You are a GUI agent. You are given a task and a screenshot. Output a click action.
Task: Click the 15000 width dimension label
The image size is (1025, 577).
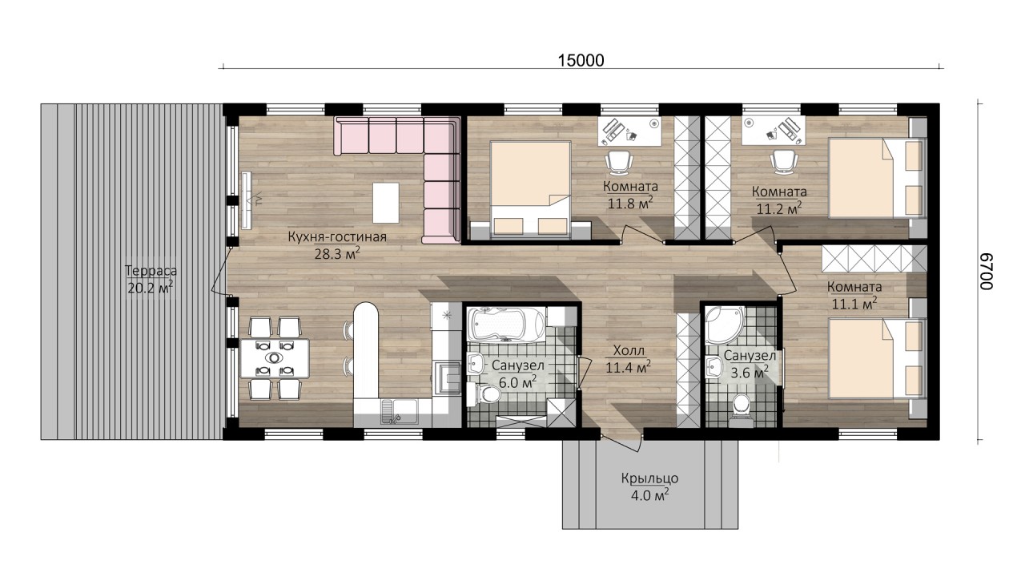point(581,60)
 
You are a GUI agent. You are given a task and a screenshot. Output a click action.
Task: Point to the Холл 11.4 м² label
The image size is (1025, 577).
point(629,359)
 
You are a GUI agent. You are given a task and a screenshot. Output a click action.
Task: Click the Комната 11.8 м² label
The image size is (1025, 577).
point(630,195)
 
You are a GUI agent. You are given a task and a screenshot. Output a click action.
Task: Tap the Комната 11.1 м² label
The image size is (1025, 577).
point(854,295)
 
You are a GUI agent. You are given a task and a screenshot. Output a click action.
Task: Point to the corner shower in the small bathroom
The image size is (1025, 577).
point(725,325)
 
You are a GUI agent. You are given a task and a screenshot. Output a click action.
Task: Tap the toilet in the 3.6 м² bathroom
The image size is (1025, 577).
point(741,407)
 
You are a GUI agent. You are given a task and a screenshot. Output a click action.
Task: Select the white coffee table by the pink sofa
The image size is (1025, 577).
point(385,203)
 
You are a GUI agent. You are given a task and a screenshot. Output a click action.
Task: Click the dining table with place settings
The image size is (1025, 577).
point(274,358)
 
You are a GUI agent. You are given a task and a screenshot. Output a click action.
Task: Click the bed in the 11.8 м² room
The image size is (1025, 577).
point(531,190)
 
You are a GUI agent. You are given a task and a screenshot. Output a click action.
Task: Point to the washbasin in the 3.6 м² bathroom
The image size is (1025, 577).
point(713,368)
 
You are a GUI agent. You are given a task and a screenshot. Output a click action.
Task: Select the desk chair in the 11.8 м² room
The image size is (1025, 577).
point(620,163)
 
